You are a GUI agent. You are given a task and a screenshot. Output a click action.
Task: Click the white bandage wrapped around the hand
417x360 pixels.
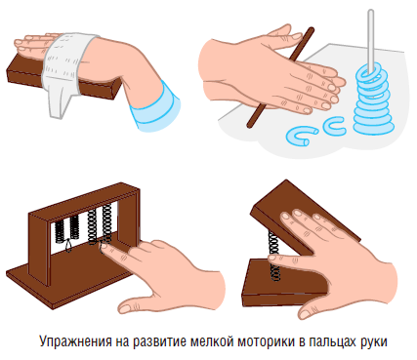(66, 68)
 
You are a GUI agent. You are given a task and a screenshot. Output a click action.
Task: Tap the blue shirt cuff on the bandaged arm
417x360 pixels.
(156, 105)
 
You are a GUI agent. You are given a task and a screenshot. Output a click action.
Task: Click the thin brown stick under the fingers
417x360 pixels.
(280, 77)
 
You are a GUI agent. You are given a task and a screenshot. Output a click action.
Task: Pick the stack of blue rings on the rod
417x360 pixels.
(373, 100)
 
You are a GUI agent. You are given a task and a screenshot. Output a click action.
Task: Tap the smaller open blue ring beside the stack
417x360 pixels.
(334, 126)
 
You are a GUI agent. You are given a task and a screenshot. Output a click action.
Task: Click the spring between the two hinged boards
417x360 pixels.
(273, 256)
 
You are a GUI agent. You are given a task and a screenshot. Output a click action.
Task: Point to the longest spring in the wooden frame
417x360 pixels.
(106, 224)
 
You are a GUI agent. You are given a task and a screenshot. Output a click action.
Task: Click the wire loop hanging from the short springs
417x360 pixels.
(68, 245)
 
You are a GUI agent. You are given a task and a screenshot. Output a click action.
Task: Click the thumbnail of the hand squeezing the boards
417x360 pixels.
(305, 314)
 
